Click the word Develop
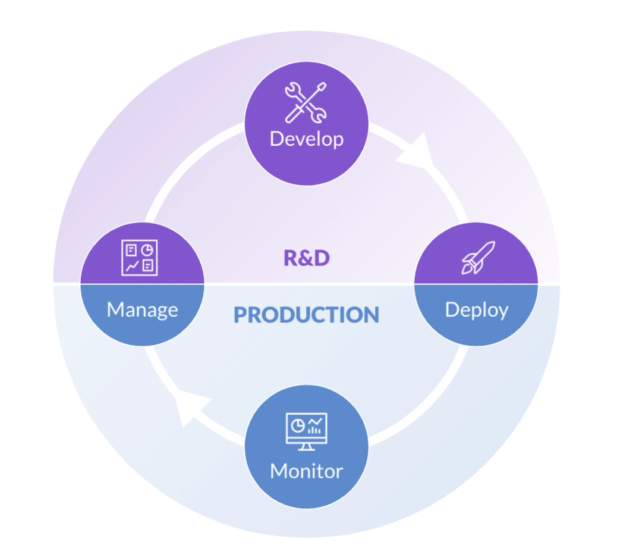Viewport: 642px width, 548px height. click(x=306, y=139)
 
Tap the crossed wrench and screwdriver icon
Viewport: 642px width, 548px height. click(x=306, y=102)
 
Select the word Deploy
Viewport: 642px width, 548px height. click(x=476, y=310)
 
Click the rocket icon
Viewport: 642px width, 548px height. click(x=478, y=258)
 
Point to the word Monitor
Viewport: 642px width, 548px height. click(x=306, y=471)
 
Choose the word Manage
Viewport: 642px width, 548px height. click(x=142, y=310)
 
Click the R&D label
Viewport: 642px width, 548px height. click(x=306, y=258)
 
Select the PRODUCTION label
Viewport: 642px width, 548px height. click(x=306, y=315)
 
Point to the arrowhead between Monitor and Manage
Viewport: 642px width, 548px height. click(x=191, y=407)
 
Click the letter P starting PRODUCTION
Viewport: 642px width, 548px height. click(x=240, y=315)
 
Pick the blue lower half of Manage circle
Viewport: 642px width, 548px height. click(x=142, y=330)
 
